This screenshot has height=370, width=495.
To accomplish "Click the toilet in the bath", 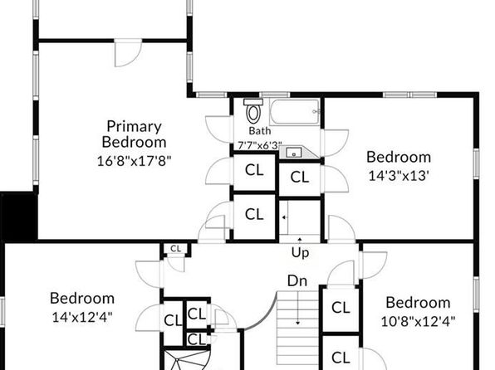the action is click(253, 110).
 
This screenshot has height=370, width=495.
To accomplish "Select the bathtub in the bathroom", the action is click(295, 112).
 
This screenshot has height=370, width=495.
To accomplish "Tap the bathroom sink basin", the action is click(293, 153).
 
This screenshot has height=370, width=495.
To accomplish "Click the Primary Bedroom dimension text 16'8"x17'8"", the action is click(134, 161).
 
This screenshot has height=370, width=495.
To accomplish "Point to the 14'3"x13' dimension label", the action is click(399, 176).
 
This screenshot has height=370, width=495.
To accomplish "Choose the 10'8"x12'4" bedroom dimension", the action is click(418, 322).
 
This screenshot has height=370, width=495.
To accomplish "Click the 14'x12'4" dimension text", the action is click(82, 318).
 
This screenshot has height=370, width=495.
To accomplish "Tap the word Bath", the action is click(259, 130).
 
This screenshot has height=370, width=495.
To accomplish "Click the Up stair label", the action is click(300, 253).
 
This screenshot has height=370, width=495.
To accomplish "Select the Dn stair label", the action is click(297, 280).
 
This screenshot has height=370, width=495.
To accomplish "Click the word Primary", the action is click(135, 126).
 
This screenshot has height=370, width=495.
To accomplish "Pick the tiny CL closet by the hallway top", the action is click(175, 249).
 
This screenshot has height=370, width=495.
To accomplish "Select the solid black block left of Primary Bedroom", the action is click(19, 217).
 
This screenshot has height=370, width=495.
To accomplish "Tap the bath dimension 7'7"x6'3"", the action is click(259, 146).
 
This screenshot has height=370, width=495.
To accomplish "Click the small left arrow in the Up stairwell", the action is click(284, 217).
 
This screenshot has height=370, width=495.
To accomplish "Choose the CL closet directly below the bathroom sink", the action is click(299, 178).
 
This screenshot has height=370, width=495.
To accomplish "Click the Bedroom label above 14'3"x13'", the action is click(399, 157).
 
